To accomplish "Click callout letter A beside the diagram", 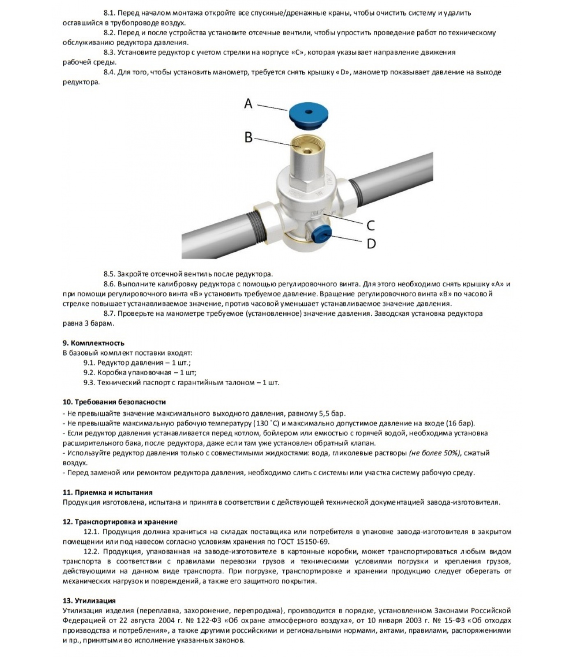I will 248,103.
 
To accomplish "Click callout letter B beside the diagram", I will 248,137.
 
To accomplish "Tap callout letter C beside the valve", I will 370,225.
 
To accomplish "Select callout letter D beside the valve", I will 371,244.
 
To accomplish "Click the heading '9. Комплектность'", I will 93,343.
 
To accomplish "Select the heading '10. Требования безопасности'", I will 114,402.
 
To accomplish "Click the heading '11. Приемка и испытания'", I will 107,492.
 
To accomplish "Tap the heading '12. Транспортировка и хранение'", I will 120,522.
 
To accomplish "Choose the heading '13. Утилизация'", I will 89,601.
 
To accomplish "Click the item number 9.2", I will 89,372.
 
